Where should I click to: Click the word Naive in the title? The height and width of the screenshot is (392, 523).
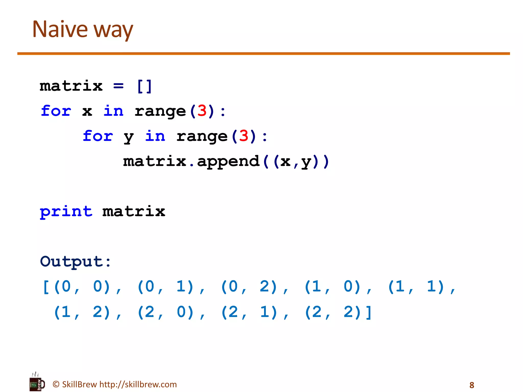click(x=60, y=29)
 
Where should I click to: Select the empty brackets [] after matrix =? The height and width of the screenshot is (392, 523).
click(x=145, y=86)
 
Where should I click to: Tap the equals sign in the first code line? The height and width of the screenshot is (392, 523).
click(x=118, y=86)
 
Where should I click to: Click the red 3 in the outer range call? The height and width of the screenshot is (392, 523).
click(x=202, y=111)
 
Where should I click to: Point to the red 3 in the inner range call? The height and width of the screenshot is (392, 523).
click(x=244, y=136)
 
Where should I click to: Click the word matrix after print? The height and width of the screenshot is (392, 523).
click(x=134, y=212)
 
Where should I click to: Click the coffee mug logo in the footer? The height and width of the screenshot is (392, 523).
click(x=37, y=383)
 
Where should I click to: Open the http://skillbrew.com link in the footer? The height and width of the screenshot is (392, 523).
click(x=138, y=384)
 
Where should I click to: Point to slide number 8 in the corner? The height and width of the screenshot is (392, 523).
click(x=472, y=385)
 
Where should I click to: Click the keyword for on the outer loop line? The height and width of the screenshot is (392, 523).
click(x=56, y=111)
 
